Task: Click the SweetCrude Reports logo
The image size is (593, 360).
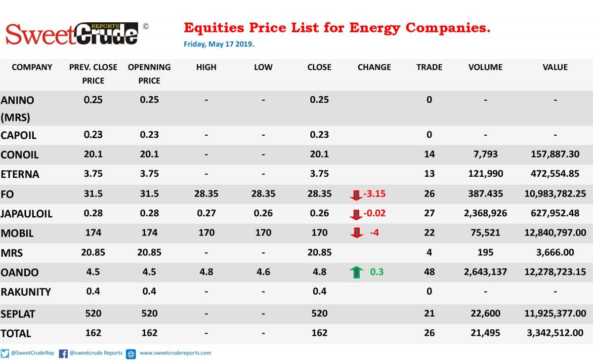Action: (72, 34)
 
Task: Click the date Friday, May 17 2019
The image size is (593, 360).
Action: (219, 44)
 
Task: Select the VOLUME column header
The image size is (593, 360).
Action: (485, 67)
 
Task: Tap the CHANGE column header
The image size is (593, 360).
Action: (374, 67)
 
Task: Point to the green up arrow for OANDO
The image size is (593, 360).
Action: (356, 272)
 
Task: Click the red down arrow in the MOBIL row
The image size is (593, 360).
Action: (357, 233)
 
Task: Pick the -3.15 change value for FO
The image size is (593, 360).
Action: (375, 194)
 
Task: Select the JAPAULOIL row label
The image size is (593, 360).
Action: (27, 214)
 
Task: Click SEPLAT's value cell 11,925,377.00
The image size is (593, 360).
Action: (555, 314)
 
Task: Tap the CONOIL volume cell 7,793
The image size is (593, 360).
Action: (485, 154)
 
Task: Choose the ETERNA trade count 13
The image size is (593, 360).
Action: (429, 174)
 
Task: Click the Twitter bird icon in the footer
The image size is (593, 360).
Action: (5, 354)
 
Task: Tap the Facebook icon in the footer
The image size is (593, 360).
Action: (63, 354)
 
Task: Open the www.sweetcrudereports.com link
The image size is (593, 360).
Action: (175, 353)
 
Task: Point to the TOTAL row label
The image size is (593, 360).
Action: (16, 333)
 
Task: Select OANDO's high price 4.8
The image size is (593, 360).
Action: (206, 272)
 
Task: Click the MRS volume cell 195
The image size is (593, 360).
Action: (485, 252)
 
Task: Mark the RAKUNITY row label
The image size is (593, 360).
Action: (25, 292)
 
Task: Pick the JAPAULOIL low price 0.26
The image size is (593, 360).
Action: (263, 213)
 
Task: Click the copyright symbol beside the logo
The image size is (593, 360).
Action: (146, 27)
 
